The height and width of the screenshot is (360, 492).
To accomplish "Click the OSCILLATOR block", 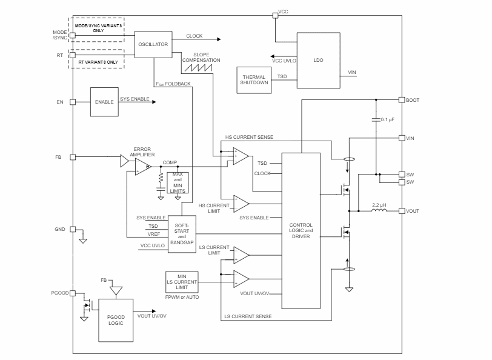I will point(153,44).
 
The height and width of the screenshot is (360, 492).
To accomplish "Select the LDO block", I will point(318,61).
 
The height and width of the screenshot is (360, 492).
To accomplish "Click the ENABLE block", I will point(104,102).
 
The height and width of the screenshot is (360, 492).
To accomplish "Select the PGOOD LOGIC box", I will point(115,319).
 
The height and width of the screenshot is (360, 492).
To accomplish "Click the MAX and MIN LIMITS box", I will point(178,182).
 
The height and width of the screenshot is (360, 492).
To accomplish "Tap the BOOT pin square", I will point(401,99).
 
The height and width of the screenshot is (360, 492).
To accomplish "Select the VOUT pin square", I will point(401,211).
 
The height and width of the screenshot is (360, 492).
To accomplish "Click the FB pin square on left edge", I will point(72,158).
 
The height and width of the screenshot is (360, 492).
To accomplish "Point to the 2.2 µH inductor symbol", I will point(380,212).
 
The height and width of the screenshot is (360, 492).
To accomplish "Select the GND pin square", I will point(72,229).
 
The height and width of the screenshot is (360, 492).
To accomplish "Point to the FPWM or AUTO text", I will point(182,297).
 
